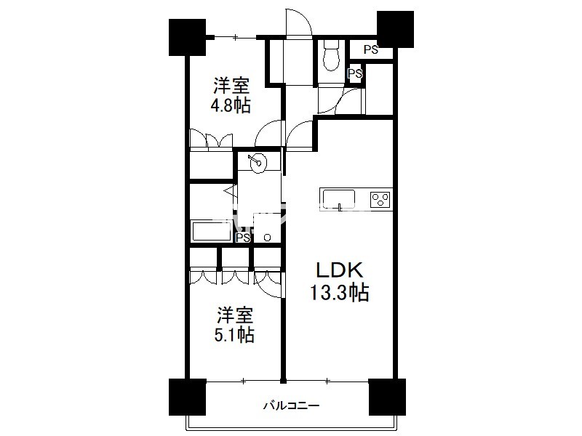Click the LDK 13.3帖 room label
[x=339, y=281]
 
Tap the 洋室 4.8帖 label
[x=231, y=96]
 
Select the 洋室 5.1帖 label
[x=234, y=325]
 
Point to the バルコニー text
[x=292, y=405]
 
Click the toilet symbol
[x=331, y=55]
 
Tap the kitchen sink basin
[x=338, y=199]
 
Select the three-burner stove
[x=380, y=199]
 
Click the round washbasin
[x=258, y=162]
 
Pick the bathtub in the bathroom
[x=211, y=230]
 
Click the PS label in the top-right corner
[x=370, y=49]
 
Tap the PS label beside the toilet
[x=355, y=73]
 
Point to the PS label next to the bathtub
[x=244, y=238]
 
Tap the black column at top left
[x=187, y=37]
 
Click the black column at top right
[x=395, y=29]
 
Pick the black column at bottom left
[x=187, y=397]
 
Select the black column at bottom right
[x=387, y=397]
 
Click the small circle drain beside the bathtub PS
[x=267, y=238]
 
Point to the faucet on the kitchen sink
[x=340, y=207]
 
